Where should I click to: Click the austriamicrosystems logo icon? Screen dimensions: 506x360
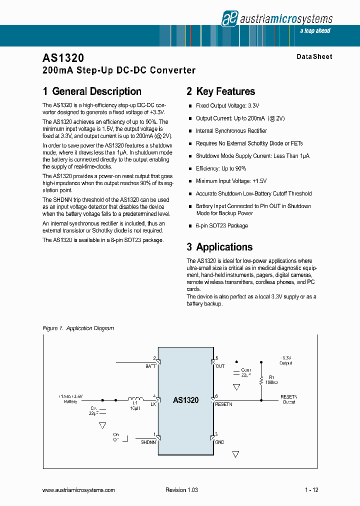click(229, 19)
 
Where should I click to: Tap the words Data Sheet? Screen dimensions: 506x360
click(314, 56)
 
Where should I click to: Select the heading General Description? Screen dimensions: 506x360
click(96, 91)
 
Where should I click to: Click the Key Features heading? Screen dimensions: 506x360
click(225, 91)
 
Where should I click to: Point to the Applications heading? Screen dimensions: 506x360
click(224, 247)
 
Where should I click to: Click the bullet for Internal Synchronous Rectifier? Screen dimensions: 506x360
click(190, 131)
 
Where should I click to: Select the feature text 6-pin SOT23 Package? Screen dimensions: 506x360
click(222, 225)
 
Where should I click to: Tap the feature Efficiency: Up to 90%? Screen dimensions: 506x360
click(221, 168)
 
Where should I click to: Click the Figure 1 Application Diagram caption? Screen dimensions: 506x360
click(78, 328)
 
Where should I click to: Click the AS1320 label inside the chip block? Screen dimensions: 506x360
click(186, 400)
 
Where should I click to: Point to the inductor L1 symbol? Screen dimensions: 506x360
click(133, 399)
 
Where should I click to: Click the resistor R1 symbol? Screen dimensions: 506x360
click(260, 380)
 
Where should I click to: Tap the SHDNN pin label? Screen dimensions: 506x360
click(148, 442)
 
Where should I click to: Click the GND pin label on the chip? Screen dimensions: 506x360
click(220, 442)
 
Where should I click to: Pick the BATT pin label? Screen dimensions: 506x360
click(150, 366)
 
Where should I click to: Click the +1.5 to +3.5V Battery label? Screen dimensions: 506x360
click(70, 398)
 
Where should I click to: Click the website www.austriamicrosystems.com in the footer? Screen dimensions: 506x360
click(79, 490)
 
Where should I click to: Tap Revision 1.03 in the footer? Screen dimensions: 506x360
click(181, 490)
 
